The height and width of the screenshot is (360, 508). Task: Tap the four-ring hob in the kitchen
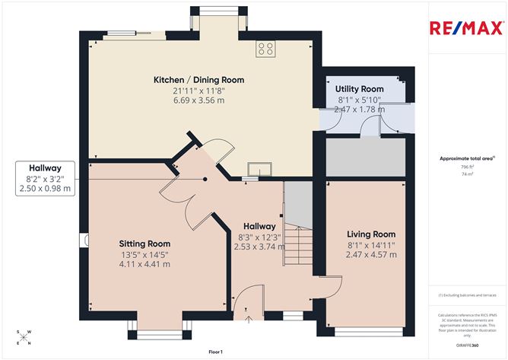coord(266,49)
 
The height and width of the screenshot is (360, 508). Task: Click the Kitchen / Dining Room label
coord(198,80)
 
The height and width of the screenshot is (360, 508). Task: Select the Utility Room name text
coord(360,89)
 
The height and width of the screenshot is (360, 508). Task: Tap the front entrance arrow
coord(247,317)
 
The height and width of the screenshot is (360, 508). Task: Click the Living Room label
coord(371,234)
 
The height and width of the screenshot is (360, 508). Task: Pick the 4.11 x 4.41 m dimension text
coord(144,264)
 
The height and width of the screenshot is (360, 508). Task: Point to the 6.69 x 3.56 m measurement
coord(198,100)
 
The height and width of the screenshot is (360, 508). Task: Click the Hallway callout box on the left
coord(45,178)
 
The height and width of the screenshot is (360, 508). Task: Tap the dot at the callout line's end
coord(205,179)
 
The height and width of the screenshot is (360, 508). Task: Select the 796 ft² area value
coord(466,167)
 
